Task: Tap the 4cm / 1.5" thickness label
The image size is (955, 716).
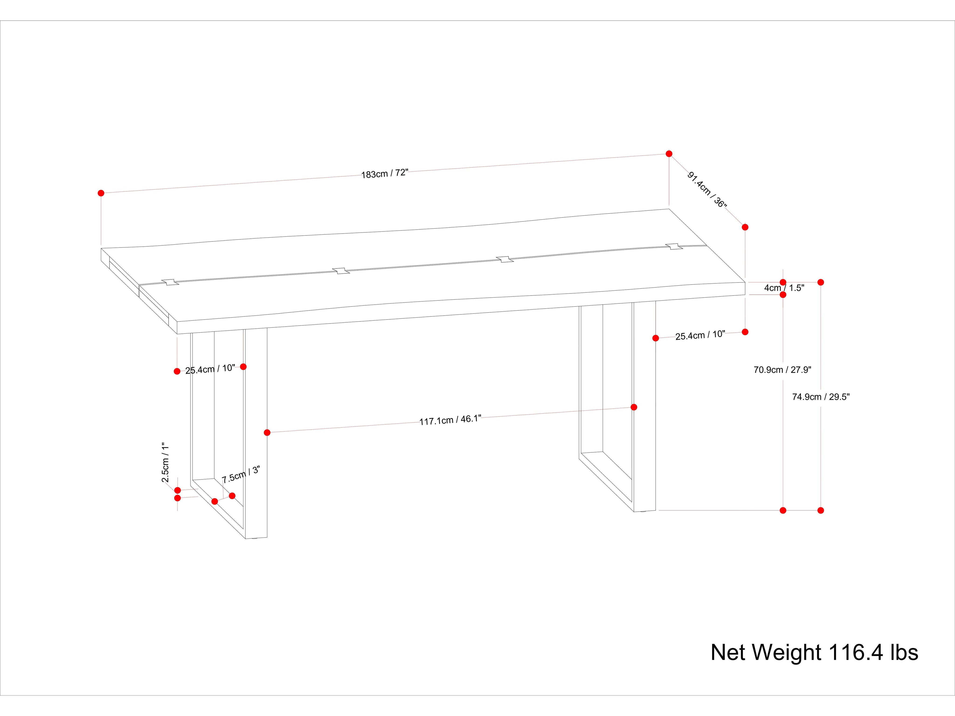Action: click(x=784, y=288)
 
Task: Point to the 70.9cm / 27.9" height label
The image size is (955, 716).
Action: click(x=782, y=370)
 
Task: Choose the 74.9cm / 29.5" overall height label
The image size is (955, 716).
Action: click(x=820, y=397)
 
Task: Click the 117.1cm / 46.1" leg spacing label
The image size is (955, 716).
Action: click(x=450, y=420)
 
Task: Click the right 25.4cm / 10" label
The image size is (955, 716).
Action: click(x=700, y=335)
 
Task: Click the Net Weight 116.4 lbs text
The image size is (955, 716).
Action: click(x=814, y=653)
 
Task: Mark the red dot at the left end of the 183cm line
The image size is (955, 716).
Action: click(x=101, y=193)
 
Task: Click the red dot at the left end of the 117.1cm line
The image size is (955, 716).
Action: click(x=267, y=432)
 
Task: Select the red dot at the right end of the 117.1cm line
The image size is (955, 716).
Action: click(x=634, y=407)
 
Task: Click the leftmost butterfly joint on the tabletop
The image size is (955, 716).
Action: click(x=170, y=282)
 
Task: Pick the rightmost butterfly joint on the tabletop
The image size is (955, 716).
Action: click(x=674, y=246)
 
